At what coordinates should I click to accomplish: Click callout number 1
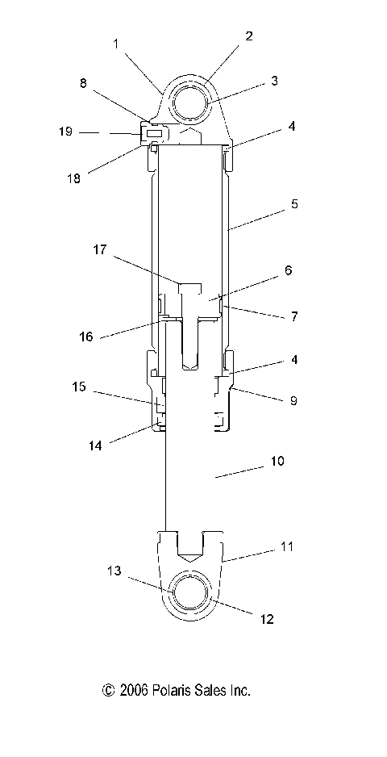116,44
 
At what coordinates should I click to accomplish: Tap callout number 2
248,36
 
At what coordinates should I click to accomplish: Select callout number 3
274,81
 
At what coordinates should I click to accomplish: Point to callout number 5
294,204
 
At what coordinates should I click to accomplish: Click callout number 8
84,83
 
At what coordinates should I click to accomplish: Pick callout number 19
65,132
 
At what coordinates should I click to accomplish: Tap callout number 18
74,178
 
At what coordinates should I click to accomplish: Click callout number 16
86,337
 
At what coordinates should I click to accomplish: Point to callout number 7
294,316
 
